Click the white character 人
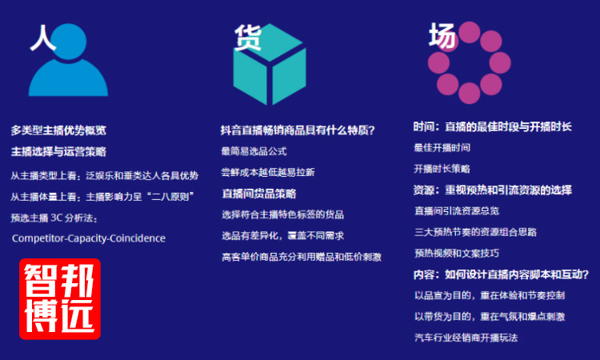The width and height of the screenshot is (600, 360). point(43,38)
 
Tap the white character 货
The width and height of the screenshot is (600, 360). point(248,37)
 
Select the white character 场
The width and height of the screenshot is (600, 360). point(442,35)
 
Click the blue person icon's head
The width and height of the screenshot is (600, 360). point(69,42)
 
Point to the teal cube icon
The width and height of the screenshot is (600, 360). point(270,64)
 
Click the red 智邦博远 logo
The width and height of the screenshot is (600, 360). point(60,298)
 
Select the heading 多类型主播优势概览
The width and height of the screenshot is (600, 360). point(58,130)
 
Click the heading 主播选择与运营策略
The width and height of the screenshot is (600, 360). point(58,152)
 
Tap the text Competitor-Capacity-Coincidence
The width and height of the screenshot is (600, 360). point(89,238)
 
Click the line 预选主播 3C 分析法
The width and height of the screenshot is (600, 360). point(54,218)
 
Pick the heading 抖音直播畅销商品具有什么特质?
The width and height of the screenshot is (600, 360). point(298,130)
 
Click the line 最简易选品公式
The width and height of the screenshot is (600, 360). point(254,151)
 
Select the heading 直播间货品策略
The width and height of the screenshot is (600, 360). point(259,194)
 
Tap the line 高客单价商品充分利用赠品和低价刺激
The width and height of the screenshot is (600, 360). point(302,257)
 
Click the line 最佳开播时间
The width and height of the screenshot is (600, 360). point(442,148)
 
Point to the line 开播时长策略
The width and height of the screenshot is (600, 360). point(442,169)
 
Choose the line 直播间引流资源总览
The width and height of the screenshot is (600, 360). point(457,210)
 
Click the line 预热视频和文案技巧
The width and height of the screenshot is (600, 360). point(457,253)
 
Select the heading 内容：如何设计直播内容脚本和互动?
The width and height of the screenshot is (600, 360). point(501,274)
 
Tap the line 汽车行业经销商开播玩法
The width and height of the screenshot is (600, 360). point(466,338)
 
